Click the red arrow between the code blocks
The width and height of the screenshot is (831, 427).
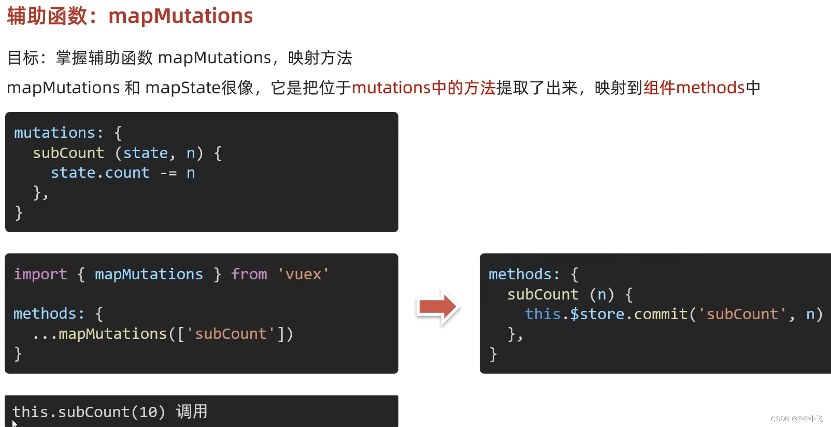pos(438,307)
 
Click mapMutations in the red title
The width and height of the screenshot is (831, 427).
pos(180,16)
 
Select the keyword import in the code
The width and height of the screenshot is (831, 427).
pos(40,274)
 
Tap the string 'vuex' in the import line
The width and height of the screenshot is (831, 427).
pos(303,274)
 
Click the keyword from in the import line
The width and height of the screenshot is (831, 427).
pos(249,274)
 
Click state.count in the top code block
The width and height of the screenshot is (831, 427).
pos(100,173)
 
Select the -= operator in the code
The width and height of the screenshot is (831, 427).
pos(168,173)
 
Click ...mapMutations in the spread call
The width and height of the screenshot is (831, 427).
pos(99,334)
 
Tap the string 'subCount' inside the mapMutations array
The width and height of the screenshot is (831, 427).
pos(231,334)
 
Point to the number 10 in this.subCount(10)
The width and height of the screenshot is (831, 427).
pos(148,412)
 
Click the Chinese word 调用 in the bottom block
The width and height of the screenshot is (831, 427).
pos(192,411)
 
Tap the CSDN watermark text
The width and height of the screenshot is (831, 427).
pos(796,419)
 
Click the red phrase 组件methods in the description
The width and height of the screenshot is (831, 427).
pos(694,88)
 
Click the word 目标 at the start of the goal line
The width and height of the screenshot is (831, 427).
pos(23,58)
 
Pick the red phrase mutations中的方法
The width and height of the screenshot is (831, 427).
pos(424,88)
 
